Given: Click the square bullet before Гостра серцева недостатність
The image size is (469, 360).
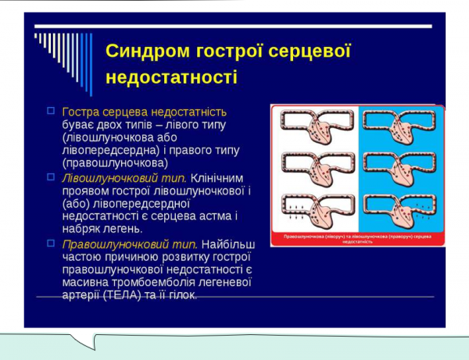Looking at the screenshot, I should (x=51, y=111).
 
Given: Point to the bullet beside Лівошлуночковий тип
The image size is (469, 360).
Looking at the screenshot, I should (x=51, y=177).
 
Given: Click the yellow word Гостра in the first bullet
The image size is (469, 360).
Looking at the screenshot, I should (x=81, y=112).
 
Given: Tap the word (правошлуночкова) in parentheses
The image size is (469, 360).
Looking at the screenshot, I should (x=115, y=164).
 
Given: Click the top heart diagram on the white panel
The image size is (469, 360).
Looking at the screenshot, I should (x=313, y=126).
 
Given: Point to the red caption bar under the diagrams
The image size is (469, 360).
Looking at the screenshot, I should (x=357, y=237).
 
